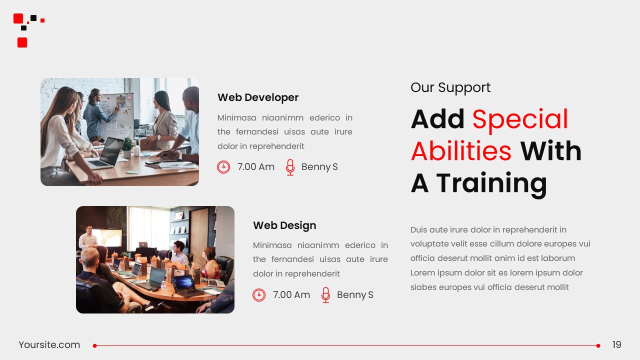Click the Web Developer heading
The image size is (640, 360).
point(258,97)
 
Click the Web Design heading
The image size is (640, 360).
point(284,225)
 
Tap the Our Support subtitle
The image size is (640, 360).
point(450,87)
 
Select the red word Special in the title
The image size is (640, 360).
point(520,119)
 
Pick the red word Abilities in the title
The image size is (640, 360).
point(461,151)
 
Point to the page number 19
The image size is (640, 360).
point(616,345)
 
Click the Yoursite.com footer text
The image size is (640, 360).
point(49,345)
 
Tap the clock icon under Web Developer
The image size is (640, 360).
point(223,167)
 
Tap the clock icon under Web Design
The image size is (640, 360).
point(259,295)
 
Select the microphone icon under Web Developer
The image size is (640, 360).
point(290,167)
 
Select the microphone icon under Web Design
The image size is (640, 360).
point(325,295)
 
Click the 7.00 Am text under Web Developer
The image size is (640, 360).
point(256,167)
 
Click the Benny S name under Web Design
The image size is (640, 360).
point(355,295)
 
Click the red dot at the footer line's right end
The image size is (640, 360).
point(598,345)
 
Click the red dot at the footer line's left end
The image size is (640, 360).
point(94,345)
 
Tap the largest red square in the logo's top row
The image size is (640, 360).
point(18,18)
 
